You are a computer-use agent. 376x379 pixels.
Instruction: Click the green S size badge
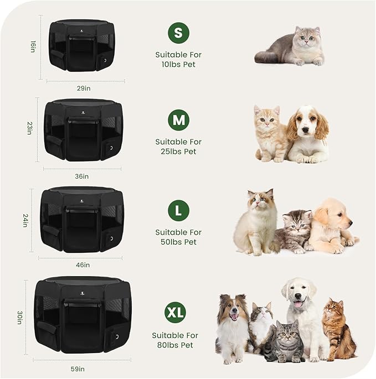click(x=178, y=33)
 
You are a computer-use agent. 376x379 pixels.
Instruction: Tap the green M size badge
click(x=178, y=120)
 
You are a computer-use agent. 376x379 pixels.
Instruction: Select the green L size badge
click(x=178, y=211)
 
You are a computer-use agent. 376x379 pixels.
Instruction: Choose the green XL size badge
click(x=176, y=313)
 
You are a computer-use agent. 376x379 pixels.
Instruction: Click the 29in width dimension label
click(x=84, y=88)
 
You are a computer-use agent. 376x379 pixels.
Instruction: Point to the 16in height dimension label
click(x=33, y=46)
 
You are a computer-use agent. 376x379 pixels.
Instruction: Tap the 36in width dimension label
click(x=82, y=176)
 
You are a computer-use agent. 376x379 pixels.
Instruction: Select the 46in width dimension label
click(x=83, y=265)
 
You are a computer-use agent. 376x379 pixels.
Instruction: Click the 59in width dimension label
click(x=78, y=369)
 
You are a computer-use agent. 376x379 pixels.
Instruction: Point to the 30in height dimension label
click(x=19, y=317)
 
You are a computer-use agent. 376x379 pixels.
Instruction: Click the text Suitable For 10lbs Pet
click(x=178, y=60)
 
